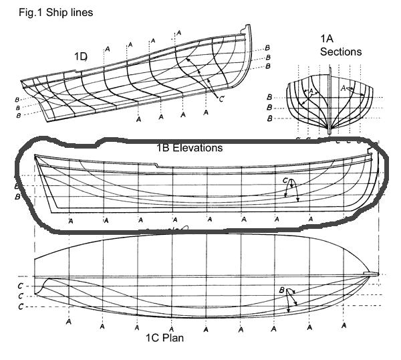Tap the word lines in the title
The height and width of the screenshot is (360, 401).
tap(80, 11)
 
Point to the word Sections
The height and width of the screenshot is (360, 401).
tap(341, 52)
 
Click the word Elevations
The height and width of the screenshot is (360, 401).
tap(198, 147)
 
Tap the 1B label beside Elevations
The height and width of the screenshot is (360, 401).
tap(164, 147)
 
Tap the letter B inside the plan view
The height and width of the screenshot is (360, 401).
tap(282, 291)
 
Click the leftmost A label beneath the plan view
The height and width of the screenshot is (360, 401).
tap(69, 321)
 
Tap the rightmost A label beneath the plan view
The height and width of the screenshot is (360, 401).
tap(344, 325)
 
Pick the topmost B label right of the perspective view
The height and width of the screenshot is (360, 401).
tap(267, 48)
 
